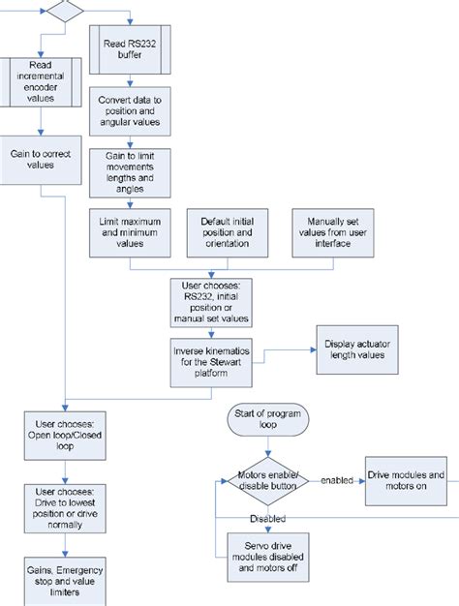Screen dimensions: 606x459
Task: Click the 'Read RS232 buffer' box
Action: pyautogui.click(x=130, y=48)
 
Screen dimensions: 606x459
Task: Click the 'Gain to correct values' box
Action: pyautogui.click(x=41, y=158)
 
